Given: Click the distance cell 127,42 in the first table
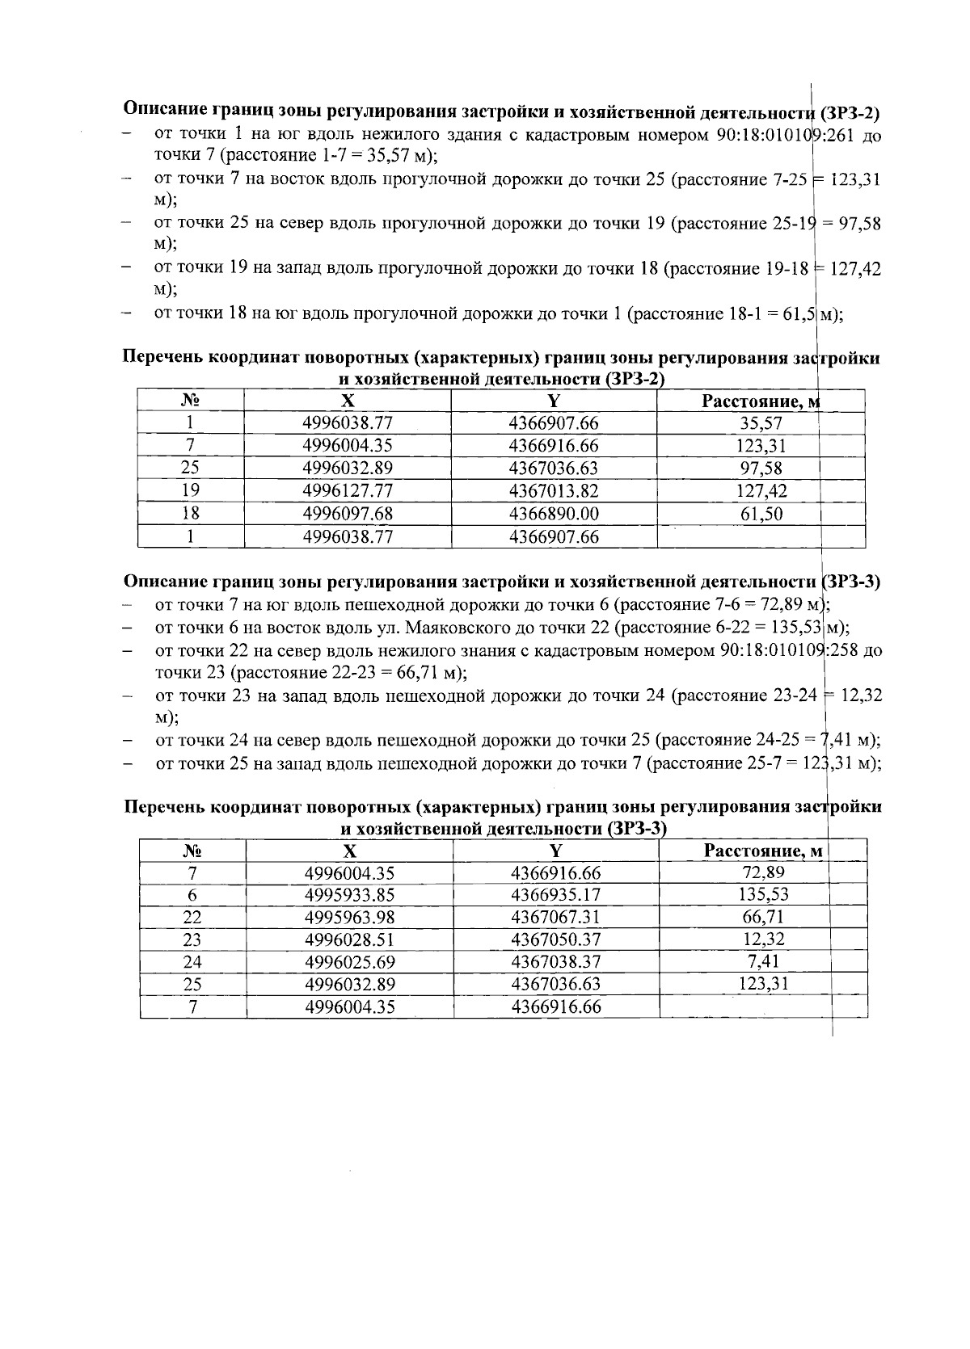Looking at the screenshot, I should [x=761, y=491].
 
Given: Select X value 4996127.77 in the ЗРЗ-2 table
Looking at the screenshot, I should [x=348, y=491].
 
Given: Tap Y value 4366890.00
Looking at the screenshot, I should [x=554, y=514].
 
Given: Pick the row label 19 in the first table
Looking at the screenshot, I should [x=191, y=490].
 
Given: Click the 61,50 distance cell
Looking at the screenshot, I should [x=761, y=514].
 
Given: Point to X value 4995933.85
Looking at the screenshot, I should [x=349, y=895].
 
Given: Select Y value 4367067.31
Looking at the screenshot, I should [x=556, y=918].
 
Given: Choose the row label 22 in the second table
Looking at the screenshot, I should [x=192, y=918].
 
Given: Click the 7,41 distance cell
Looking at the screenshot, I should [x=763, y=961].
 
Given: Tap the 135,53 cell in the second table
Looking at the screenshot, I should [x=763, y=894].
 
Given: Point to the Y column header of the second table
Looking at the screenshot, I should [x=555, y=850].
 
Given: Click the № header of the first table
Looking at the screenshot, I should [x=191, y=401].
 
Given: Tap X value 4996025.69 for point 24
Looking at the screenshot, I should [x=349, y=962].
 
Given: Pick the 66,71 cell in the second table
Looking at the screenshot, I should [x=763, y=917].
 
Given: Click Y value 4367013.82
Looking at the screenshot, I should [x=554, y=491].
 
